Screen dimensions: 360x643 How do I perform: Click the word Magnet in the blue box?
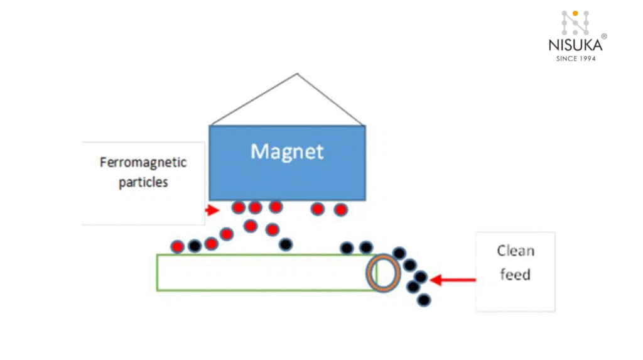[287, 151]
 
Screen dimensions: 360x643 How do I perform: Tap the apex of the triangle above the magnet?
[298, 74]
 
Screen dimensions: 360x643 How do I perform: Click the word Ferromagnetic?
[143, 162]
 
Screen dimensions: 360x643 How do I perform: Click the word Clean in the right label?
[516, 251]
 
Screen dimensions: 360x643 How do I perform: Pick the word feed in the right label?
[515, 274]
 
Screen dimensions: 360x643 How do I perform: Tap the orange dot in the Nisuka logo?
[575, 13]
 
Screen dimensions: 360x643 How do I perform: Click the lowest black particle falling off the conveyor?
[424, 300]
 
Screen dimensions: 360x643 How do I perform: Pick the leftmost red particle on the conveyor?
[178, 246]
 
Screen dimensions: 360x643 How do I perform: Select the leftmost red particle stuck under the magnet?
[238, 207]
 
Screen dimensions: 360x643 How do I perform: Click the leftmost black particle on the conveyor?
[195, 246]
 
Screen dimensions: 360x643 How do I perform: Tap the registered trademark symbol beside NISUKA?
[604, 36]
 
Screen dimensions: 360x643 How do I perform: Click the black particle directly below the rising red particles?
[286, 244]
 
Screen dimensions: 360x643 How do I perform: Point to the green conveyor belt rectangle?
[264, 273]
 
